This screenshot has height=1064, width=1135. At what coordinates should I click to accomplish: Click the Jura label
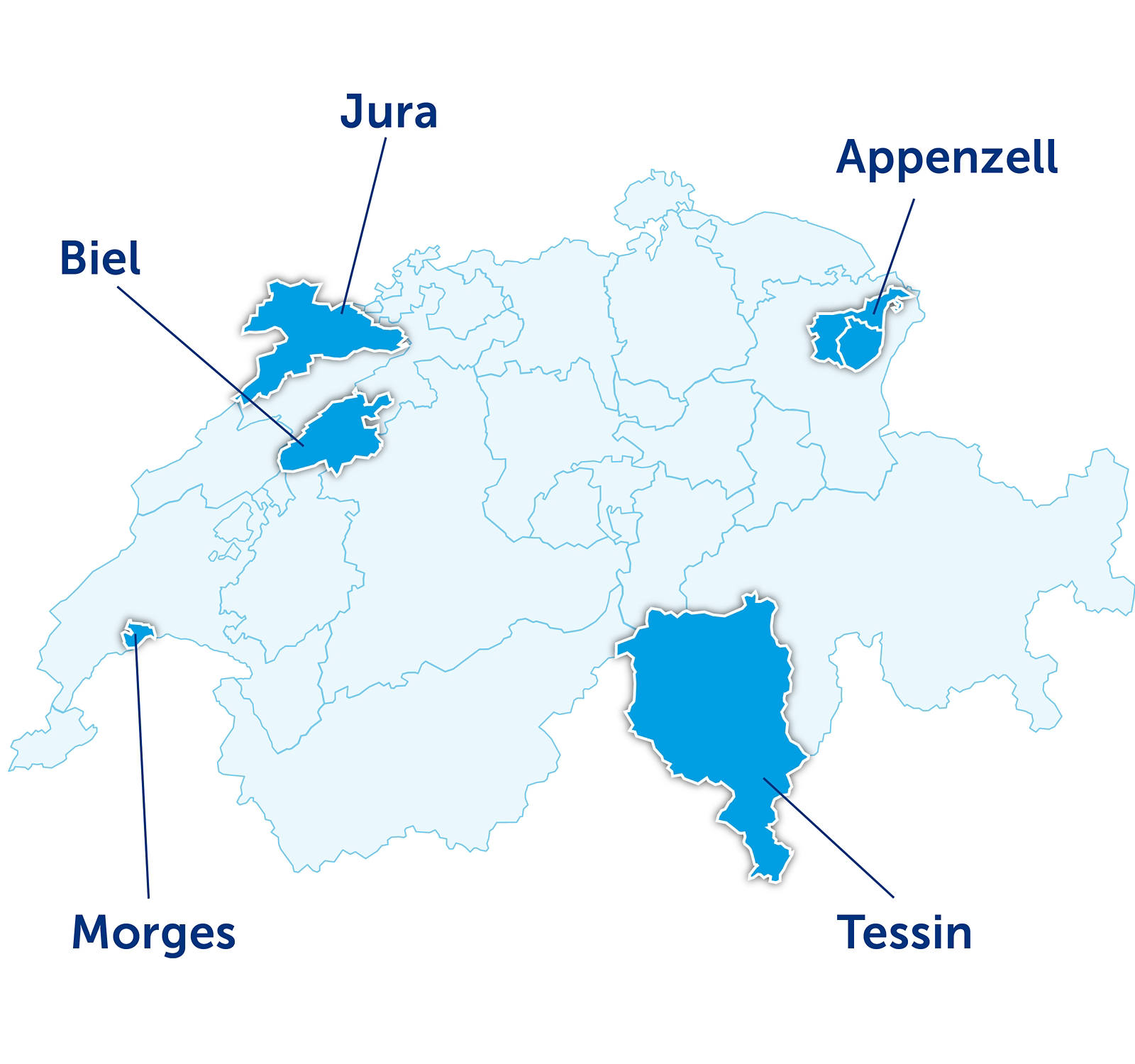click(x=389, y=112)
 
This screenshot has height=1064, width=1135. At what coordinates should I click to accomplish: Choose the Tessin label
click(x=904, y=932)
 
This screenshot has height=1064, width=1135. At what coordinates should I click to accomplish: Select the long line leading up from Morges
click(x=142, y=766)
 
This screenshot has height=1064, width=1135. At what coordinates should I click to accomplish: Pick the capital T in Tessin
click(x=851, y=932)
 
